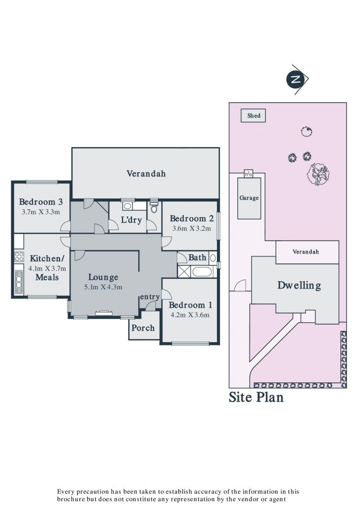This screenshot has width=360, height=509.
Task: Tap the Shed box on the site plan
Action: point(253,116)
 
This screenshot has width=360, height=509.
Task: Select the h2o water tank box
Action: point(248,174)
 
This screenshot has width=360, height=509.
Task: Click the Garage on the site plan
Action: point(249,198)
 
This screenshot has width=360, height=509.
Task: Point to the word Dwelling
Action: point(299,285)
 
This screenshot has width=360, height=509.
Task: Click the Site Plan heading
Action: point(256,397)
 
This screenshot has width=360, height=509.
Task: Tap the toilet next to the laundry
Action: point(154,207)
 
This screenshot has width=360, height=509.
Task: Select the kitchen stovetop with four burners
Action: point(19,257)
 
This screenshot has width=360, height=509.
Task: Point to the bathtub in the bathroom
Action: point(202,271)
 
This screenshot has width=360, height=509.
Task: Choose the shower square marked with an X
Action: point(184,271)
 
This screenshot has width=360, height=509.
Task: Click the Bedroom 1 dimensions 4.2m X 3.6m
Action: point(190,315)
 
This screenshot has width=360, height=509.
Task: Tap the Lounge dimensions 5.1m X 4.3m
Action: point(103,287)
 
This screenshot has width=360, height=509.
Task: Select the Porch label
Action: point(143,328)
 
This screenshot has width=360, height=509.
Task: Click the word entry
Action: point(150,297)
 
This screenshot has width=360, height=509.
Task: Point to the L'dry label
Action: point(131,220)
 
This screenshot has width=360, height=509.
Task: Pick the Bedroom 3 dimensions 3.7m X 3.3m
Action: point(41,212)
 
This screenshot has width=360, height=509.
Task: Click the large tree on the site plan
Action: point(318,174)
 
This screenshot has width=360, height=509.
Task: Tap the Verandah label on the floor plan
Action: point(146,174)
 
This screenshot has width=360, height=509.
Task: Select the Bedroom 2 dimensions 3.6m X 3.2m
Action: point(192,228)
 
